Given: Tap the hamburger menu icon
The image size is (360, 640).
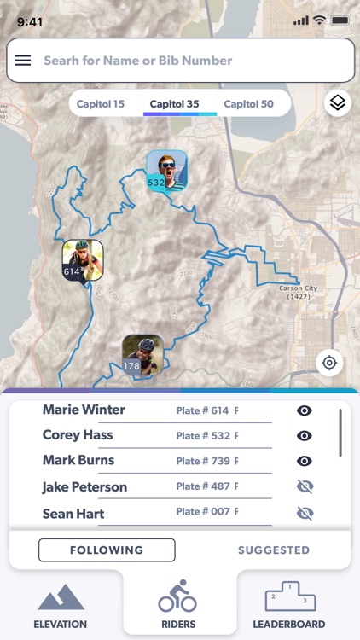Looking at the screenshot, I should (x=23, y=61).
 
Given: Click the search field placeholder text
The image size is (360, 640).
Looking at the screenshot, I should (x=137, y=61).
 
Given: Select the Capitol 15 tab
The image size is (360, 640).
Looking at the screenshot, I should (x=101, y=104).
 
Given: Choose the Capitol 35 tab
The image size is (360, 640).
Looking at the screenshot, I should (x=174, y=104).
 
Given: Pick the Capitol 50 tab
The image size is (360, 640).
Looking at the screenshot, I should (x=248, y=104).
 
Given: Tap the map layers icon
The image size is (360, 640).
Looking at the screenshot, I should (x=338, y=103).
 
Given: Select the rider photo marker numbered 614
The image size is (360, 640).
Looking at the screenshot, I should (x=82, y=259).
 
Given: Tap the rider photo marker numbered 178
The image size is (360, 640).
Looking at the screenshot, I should (x=142, y=354).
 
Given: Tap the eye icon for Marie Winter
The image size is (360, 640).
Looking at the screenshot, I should (x=305, y=410).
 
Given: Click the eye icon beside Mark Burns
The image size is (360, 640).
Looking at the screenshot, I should (x=305, y=461).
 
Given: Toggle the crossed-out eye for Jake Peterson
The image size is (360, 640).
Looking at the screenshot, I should (x=305, y=486).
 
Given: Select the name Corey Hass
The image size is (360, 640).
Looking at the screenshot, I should (x=78, y=435).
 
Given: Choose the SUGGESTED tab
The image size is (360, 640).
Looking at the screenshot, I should (x=274, y=550).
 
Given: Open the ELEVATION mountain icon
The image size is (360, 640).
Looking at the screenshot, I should (x=61, y=597).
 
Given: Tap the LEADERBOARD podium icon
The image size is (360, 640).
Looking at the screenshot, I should (x=288, y=597).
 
